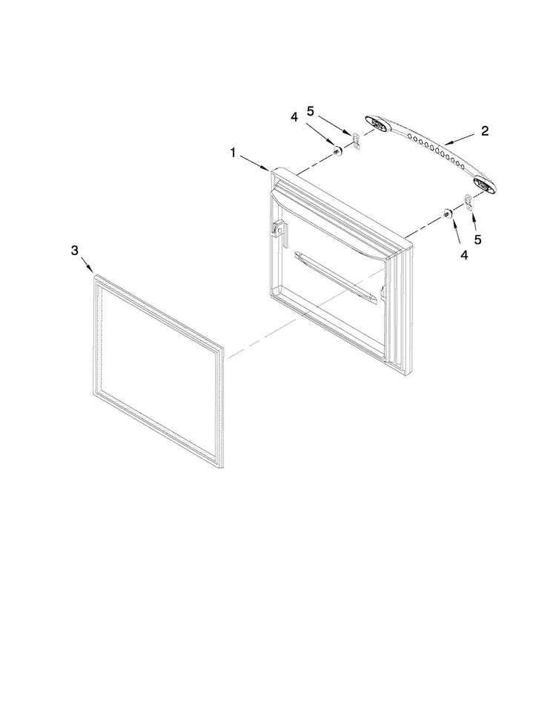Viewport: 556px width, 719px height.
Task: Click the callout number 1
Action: click(x=233, y=152)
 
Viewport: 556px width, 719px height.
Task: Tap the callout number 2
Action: click(x=485, y=131)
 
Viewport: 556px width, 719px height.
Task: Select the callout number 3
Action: click(x=74, y=251)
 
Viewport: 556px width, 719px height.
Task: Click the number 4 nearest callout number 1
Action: click(x=294, y=117)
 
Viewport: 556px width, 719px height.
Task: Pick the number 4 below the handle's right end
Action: click(x=464, y=255)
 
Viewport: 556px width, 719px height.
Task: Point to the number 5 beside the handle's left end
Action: click(x=311, y=111)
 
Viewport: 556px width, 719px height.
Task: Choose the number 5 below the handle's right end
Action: click(x=478, y=239)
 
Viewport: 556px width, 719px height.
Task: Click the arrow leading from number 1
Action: click(x=254, y=163)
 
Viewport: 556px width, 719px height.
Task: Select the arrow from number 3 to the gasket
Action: click(x=87, y=266)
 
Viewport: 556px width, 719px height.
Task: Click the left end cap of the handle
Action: click(x=378, y=122)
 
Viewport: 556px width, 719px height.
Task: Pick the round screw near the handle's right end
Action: click(x=446, y=213)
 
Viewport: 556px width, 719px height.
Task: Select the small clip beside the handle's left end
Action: click(x=356, y=141)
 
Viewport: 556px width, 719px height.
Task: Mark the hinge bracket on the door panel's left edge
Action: click(x=278, y=229)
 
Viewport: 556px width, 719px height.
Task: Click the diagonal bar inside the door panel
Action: click(x=335, y=277)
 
